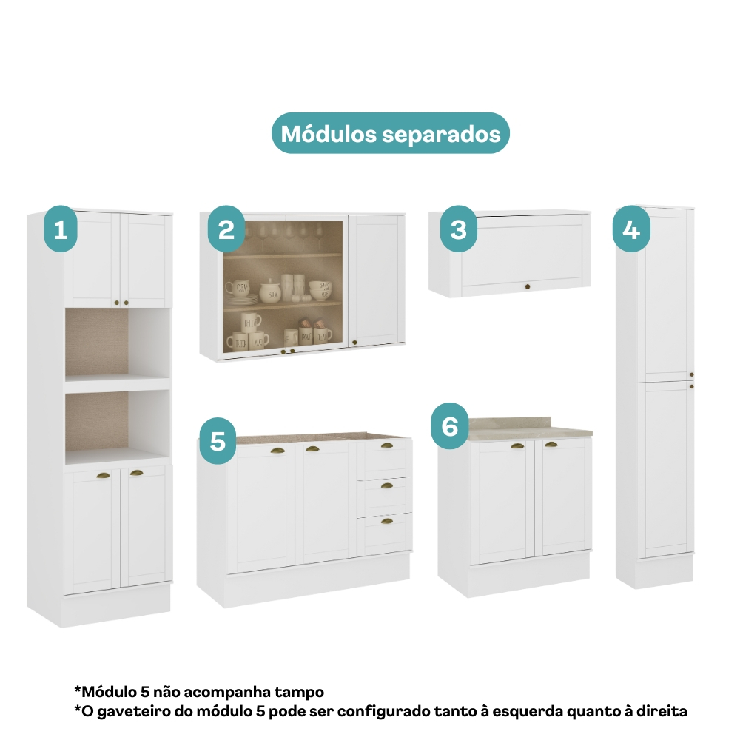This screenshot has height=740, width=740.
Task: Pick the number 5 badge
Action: [x=218, y=441]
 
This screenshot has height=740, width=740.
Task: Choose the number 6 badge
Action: [x=450, y=425]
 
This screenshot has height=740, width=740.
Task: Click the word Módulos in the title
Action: [x=329, y=133]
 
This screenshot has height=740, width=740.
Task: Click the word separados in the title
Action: [x=441, y=135]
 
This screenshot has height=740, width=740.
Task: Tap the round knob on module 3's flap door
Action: [x=527, y=286]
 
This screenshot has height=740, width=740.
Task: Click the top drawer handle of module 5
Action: [x=387, y=445]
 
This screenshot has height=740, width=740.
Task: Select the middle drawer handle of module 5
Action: [x=387, y=485]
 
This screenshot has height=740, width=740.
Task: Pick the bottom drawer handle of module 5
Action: [x=387, y=521]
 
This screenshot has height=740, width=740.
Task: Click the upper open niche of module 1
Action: [x=118, y=343]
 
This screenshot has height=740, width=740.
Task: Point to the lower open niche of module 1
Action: [x=118, y=422]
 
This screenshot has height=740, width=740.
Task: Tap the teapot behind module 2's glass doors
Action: [x=270, y=291]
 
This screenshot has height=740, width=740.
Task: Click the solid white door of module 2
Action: [x=377, y=280]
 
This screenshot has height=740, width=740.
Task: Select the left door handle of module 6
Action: [x=517, y=446]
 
